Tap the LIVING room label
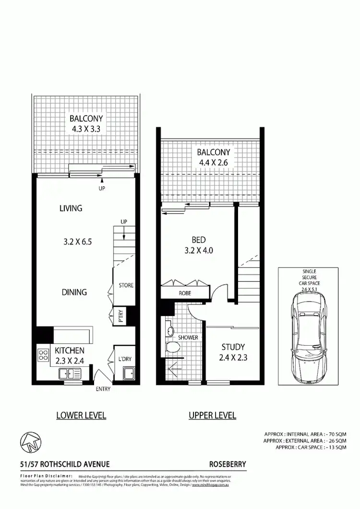[x=71, y=208]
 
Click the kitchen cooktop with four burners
[x=43, y=355]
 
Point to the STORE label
[x=126, y=286]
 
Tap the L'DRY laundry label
[x=125, y=359]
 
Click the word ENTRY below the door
[x=103, y=389]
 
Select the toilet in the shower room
[x=171, y=350]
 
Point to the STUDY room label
[x=233, y=347]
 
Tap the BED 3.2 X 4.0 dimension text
[x=199, y=250]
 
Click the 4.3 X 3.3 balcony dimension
[x=86, y=129]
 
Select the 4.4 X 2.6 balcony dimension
[x=212, y=163]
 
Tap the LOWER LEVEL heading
[x=81, y=415]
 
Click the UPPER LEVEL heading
[x=212, y=415]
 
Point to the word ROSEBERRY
[x=228, y=464]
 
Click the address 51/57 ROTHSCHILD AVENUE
[x=65, y=464]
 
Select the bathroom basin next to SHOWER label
[x=170, y=331]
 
